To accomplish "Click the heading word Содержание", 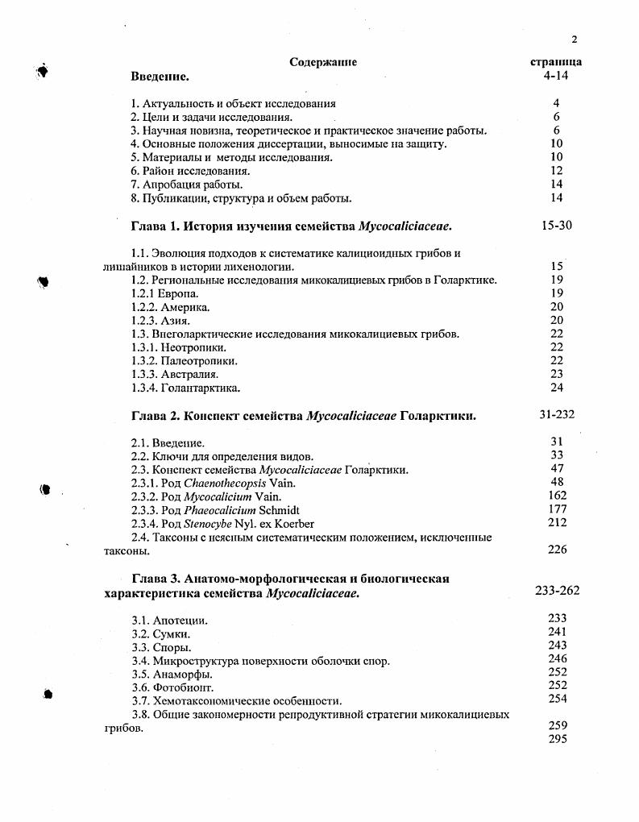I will pyautogui.click(x=322, y=62).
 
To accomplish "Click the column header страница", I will pyautogui.click(x=556, y=62).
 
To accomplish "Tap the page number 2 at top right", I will pyautogui.click(x=575, y=39).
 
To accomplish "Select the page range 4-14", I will pyautogui.click(x=557, y=76).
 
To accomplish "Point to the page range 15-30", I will pyautogui.click(x=557, y=225).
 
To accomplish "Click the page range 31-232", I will pyautogui.click(x=557, y=415).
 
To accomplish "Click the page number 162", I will pyautogui.click(x=557, y=496).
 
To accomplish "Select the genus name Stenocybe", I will pyautogui.click(x=208, y=524).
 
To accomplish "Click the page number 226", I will pyautogui.click(x=557, y=550).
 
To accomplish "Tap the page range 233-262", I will pyautogui.click(x=557, y=590).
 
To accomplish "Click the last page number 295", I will pyautogui.click(x=557, y=738).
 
